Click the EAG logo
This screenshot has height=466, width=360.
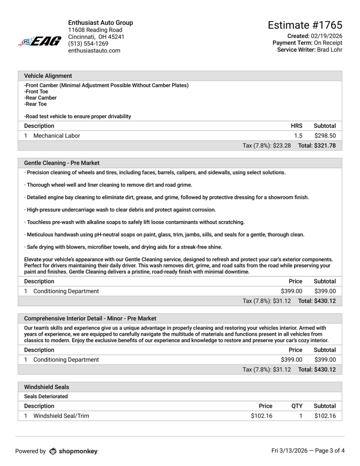click(40, 41)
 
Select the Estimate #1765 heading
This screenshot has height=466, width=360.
click(305, 25)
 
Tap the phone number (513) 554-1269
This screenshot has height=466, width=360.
click(88, 44)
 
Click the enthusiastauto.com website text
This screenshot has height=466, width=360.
click(94, 51)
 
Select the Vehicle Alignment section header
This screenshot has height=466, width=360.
click(48, 76)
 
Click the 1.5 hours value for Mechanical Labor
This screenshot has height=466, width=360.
click(298, 136)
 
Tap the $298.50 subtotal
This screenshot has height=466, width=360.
click(325, 136)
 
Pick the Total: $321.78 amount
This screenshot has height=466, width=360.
click(317, 146)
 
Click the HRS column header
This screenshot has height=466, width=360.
click(297, 126)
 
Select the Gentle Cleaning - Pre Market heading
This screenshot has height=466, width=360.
click(61, 163)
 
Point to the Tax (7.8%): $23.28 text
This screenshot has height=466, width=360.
click(267, 146)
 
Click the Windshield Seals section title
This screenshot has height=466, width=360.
click(46, 387)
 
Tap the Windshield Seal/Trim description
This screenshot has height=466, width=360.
click(61, 416)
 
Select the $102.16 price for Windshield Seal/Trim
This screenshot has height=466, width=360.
click(262, 416)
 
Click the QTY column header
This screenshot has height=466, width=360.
click(297, 406)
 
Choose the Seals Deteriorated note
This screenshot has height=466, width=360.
click(46, 396)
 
